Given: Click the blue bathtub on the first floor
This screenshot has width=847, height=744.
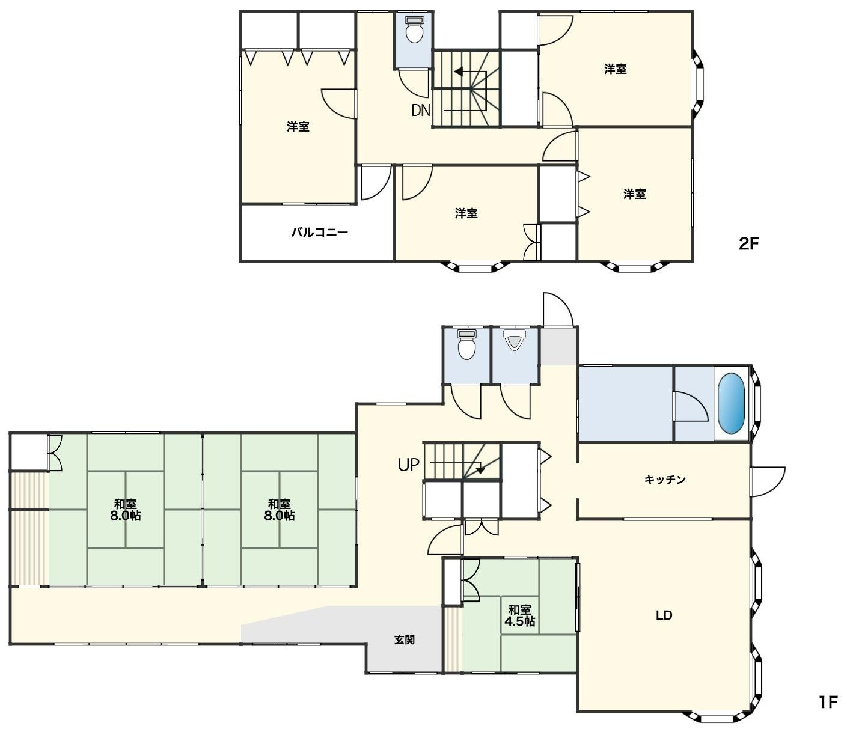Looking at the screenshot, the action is pyautogui.click(x=731, y=402).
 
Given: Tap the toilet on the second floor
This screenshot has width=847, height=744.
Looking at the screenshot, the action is pyautogui.click(x=414, y=29).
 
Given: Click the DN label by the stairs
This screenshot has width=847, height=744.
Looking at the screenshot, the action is pyautogui.click(x=421, y=110).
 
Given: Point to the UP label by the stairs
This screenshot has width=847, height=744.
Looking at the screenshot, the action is pyautogui.click(x=408, y=464).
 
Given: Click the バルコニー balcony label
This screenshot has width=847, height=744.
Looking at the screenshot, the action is pyautogui.click(x=319, y=232).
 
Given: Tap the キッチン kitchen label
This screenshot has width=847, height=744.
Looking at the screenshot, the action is pyautogui.click(x=665, y=479).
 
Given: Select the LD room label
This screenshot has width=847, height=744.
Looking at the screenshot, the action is pyautogui.click(x=664, y=615).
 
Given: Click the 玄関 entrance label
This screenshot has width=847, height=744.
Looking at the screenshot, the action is pyautogui.click(x=405, y=639).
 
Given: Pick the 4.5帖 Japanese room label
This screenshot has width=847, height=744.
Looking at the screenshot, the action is pyautogui.click(x=519, y=621).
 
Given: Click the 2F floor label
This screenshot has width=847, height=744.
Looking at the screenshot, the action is pyautogui.click(x=748, y=243).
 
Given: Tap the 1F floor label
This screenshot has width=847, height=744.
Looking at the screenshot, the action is pyautogui.click(x=827, y=702).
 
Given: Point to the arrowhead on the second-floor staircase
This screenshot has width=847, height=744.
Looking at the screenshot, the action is pyautogui.click(x=458, y=72).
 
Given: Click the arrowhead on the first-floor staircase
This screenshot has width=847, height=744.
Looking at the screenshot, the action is pyautogui.click(x=480, y=469).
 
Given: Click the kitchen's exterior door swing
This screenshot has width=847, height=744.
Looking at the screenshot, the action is pyautogui.click(x=768, y=481).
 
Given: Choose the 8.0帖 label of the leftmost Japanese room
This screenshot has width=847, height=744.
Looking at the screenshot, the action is pyautogui.click(x=125, y=516).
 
